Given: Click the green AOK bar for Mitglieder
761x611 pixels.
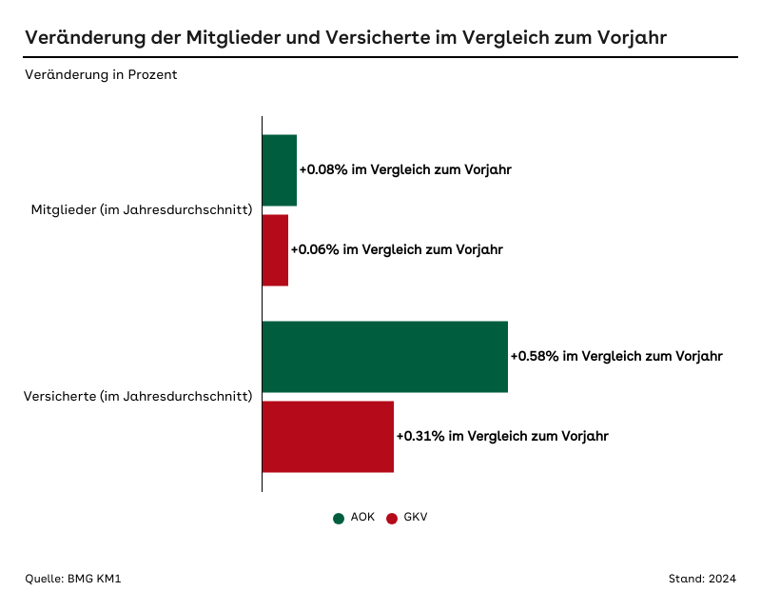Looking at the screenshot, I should [279, 170].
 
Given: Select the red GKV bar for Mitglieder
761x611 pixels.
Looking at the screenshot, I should [275, 249].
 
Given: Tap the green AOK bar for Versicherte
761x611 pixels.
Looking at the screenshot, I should [384, 357].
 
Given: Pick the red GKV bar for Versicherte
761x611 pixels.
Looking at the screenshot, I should [327, 436].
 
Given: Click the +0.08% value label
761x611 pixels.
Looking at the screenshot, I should [405, 170].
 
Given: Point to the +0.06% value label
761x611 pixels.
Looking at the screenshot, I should [397, 249].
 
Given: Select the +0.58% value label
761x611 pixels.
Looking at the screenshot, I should [616, 357].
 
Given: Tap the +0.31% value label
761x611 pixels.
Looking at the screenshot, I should [502, 436].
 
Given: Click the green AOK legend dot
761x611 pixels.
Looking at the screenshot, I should [338, 518].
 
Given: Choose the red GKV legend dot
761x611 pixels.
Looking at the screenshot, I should [391, 518].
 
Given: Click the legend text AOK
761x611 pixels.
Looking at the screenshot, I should [362, 517].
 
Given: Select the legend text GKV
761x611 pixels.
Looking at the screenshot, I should [416, 517].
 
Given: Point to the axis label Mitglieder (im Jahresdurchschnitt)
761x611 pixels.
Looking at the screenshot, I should [142, 209].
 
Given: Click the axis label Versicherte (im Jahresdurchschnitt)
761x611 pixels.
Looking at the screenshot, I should [137, 396].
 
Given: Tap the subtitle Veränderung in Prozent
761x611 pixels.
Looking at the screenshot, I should [101, 75].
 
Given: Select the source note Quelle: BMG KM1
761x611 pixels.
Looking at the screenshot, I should [72, 579].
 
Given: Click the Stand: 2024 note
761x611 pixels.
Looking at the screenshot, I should [702, 579].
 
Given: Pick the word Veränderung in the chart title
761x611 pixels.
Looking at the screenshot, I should [84, 37].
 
